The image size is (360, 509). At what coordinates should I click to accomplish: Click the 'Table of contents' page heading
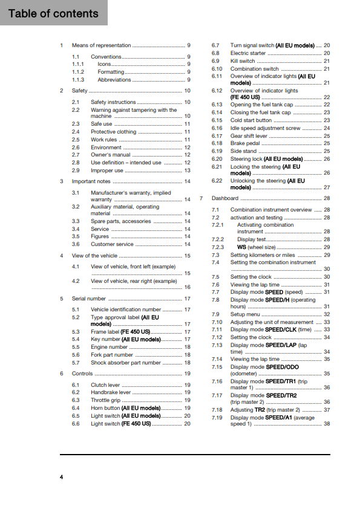pyautogui.click(x=53, y=13)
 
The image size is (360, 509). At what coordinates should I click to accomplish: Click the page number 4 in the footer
pyautogui.click(x=61, y=478)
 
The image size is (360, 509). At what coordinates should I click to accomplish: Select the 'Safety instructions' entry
pyautogui.click(x=113, y=102)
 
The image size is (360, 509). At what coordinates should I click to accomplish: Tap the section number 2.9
pyautogui.click(x=76, y=170)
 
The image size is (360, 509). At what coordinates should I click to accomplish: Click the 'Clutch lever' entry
pyautogui.click(x=106, y=385)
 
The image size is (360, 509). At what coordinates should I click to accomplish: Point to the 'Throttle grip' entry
pyautogui.click(x=106, y=400)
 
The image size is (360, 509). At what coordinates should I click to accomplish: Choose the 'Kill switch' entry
pyautogui.click(x=243, y=61)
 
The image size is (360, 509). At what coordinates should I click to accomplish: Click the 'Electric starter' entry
pyautogui.click(x=249, y=53)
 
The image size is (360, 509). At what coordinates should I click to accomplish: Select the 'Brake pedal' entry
pyautogui.click(x=245, y=143)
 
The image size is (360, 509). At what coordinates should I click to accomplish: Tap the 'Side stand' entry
pyautogui.click(x=243, y=151)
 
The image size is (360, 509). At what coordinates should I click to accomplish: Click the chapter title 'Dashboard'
pyautogui.click(x=225, y=198)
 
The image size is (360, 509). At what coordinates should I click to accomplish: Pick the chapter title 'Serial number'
pyautogui.click(x=89, y=299)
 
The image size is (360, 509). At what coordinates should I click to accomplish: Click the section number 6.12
pyautogui.click(x=217, y=90)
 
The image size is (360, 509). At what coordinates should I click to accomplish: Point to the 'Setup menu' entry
pyautogui.click(x=245, y=314)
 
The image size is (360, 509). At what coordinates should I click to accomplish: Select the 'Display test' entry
pyautogui.click(x=253, y=239)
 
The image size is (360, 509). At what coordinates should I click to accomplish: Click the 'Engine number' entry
pyautogui.click(x=109, y=348)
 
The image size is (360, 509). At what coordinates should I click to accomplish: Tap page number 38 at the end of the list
pyautogui.click(x=327, y=424)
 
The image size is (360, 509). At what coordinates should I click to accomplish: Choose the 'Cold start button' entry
pyautogui.click(x=250, y=120)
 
